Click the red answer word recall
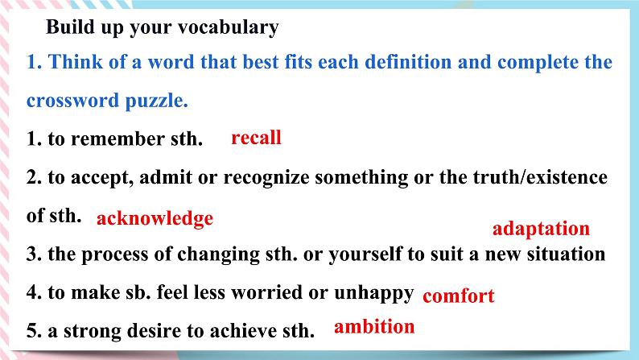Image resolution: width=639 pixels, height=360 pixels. (256, 138)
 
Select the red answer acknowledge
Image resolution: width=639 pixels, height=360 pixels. (155, 219)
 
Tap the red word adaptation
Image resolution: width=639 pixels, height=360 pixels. (541, 230)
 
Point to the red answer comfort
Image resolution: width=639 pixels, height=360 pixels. (459, 296)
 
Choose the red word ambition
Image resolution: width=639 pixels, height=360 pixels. (374, 326)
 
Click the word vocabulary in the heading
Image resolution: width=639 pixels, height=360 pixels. (229, 27)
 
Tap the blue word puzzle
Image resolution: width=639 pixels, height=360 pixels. (156, 101)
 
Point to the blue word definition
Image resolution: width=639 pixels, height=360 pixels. (408, 62)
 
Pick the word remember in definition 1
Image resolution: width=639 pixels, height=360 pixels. (118, 139)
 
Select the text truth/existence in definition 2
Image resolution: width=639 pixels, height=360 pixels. (540, 177)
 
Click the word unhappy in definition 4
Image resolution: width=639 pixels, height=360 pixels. (373, 293)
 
